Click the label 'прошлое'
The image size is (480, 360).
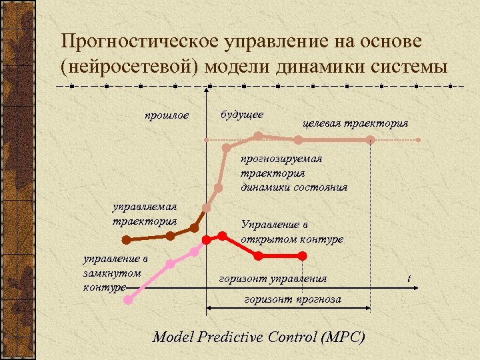pyautogui.click(x=167, y=116)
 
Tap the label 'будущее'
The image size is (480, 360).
pyautogui.click(x=241, y=115)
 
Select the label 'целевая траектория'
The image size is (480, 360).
pyautogui.click(x=355, y=123)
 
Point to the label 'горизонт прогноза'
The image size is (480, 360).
pyautogui.click(x=293, y=299)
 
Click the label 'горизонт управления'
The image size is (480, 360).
pyautogui.click(x=273, y=278)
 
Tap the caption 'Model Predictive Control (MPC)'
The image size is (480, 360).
pyautogui.click(x=259, y=337)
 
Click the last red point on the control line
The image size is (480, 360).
pyautogui.click(x=303, y=256)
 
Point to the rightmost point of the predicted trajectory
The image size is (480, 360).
pyautogui.click(x=370, y=139)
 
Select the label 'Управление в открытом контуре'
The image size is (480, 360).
pyautogui.click(x=292, y=231)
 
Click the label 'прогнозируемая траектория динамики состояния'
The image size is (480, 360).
pyautogui.click(x=293, y=173)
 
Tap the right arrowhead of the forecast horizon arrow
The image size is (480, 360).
pyautogui.click(x=368, y=307)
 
